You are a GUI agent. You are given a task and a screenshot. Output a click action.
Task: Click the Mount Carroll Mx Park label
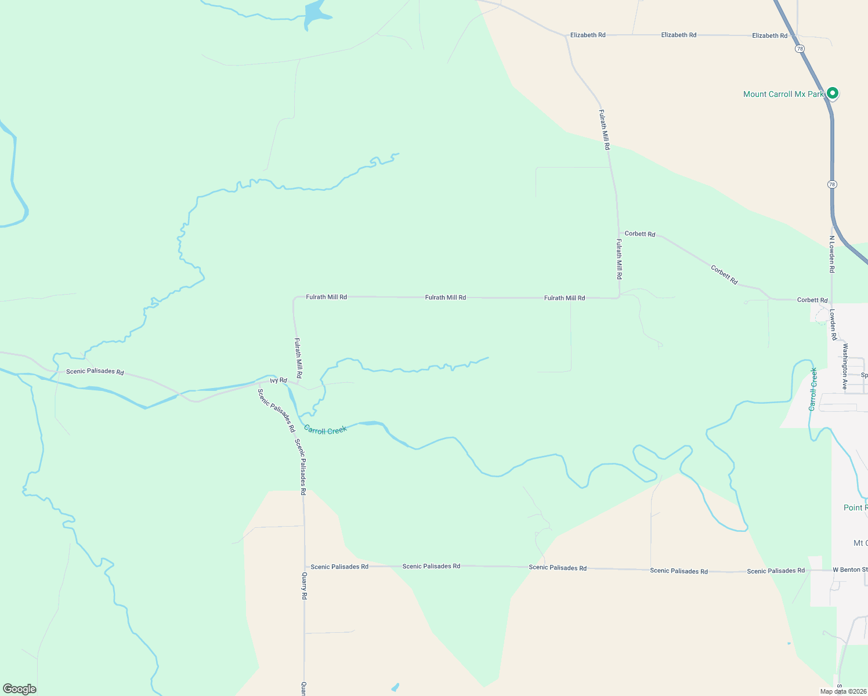(x=783, y=94)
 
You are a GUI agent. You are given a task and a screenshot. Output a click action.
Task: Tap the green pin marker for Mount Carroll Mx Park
(x=832, y=93)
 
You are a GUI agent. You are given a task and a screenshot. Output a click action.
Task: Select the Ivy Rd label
(x=279, y=380)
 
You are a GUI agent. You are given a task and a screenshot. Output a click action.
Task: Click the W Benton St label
(x=850, y=570)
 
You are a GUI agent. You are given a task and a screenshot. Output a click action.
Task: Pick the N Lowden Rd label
(x=831, y=254)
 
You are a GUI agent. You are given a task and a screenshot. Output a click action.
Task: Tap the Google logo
(x=20, y=689)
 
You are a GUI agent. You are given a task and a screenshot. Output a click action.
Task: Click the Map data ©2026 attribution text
(x=843, y=691)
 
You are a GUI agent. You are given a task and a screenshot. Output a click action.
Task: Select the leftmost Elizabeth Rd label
(x=588, y=35)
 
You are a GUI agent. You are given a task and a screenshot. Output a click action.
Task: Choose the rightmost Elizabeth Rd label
(x=769, y=35)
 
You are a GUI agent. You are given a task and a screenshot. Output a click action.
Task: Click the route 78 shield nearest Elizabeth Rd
(x=800, y=49)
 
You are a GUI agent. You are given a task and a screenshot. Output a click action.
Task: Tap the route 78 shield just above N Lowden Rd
(x=832, y=184)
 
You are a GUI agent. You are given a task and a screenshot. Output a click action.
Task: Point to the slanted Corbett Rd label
(x=724, y=275)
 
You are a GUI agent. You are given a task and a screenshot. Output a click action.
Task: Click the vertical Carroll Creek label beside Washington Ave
(x=813, y=389)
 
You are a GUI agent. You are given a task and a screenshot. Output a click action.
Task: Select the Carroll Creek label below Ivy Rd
(x=325, y=430)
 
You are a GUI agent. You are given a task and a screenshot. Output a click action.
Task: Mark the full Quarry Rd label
(x=304, y=586)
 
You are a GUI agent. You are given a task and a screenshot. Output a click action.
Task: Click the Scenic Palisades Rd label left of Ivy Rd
(x=95, y=371)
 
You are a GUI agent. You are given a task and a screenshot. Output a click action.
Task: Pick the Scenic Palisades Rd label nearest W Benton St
(x=776, y=571)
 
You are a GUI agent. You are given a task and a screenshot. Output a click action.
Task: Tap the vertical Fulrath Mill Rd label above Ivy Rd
(x=298, y=358)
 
